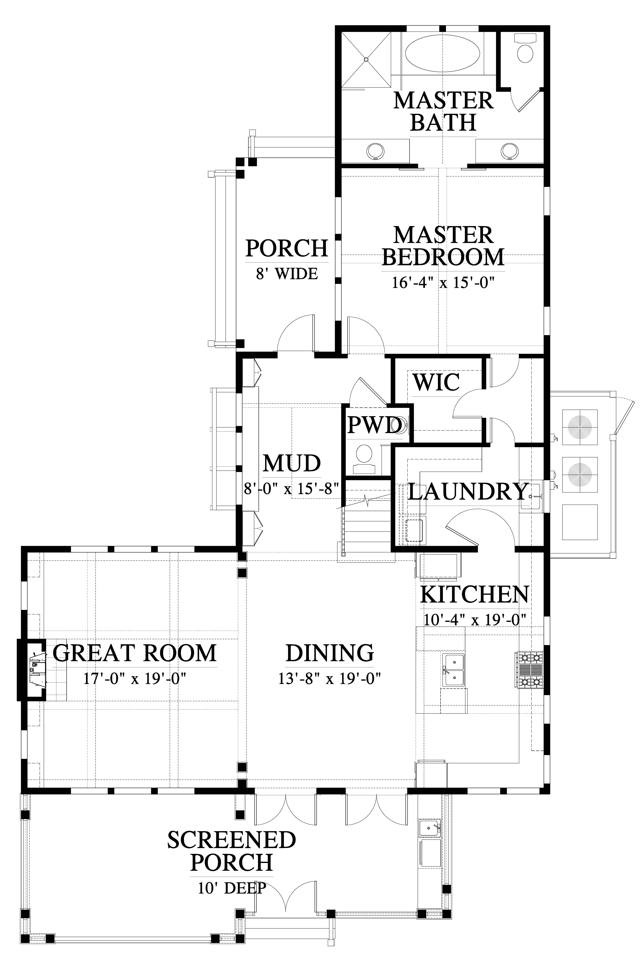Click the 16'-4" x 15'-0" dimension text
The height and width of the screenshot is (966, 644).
click(442, 283)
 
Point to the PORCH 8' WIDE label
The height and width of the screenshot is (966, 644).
click(287, 260)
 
